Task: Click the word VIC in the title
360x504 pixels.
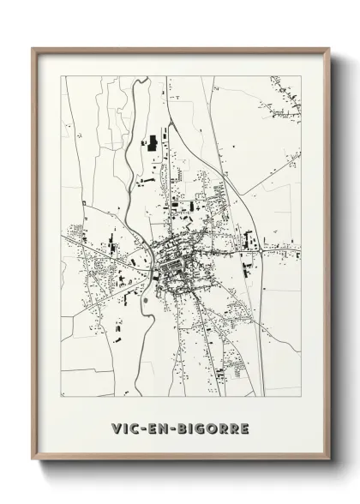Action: (x=124, y=427)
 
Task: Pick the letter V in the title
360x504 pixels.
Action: (x=115, y=427)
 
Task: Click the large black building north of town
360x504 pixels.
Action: (x=153, y=143)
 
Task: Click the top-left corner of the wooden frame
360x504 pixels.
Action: (x=33, y=49)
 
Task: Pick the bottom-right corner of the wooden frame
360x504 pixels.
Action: (x=329, y=460)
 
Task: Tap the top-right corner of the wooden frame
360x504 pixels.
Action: (x=329, y=49)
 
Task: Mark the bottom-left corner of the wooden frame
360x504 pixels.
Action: (x=33, y=460)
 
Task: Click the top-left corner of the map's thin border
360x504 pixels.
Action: (x=62, y=76)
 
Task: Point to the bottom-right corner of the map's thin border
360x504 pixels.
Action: (x=301, y=397)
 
